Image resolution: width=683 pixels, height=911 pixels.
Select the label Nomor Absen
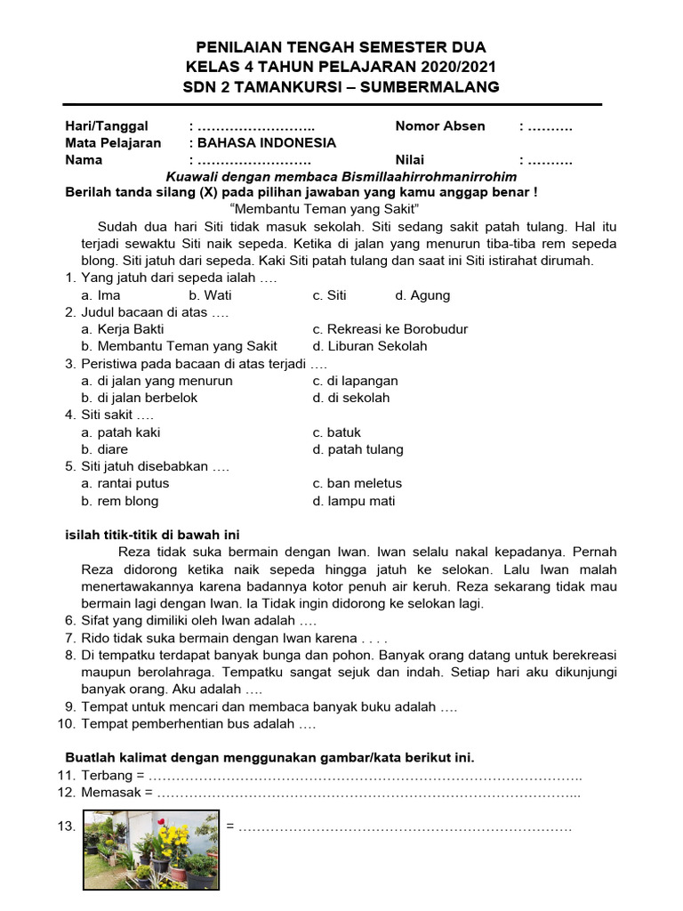[440, 125]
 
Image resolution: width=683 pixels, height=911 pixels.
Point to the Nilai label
[411, 160]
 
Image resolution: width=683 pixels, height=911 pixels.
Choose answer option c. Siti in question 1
[329, 295]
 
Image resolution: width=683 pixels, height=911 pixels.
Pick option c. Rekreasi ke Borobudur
[390, 329]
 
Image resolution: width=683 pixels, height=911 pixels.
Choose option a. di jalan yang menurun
[157, 381]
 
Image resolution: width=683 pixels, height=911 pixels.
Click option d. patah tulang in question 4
[358, 449]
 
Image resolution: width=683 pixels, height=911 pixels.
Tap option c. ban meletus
[357, 483]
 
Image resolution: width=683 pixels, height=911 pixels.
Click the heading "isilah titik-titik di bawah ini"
[153, 535]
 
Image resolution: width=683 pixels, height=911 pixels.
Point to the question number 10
[67, 724]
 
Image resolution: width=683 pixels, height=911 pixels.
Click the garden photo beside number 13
[151, 851]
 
